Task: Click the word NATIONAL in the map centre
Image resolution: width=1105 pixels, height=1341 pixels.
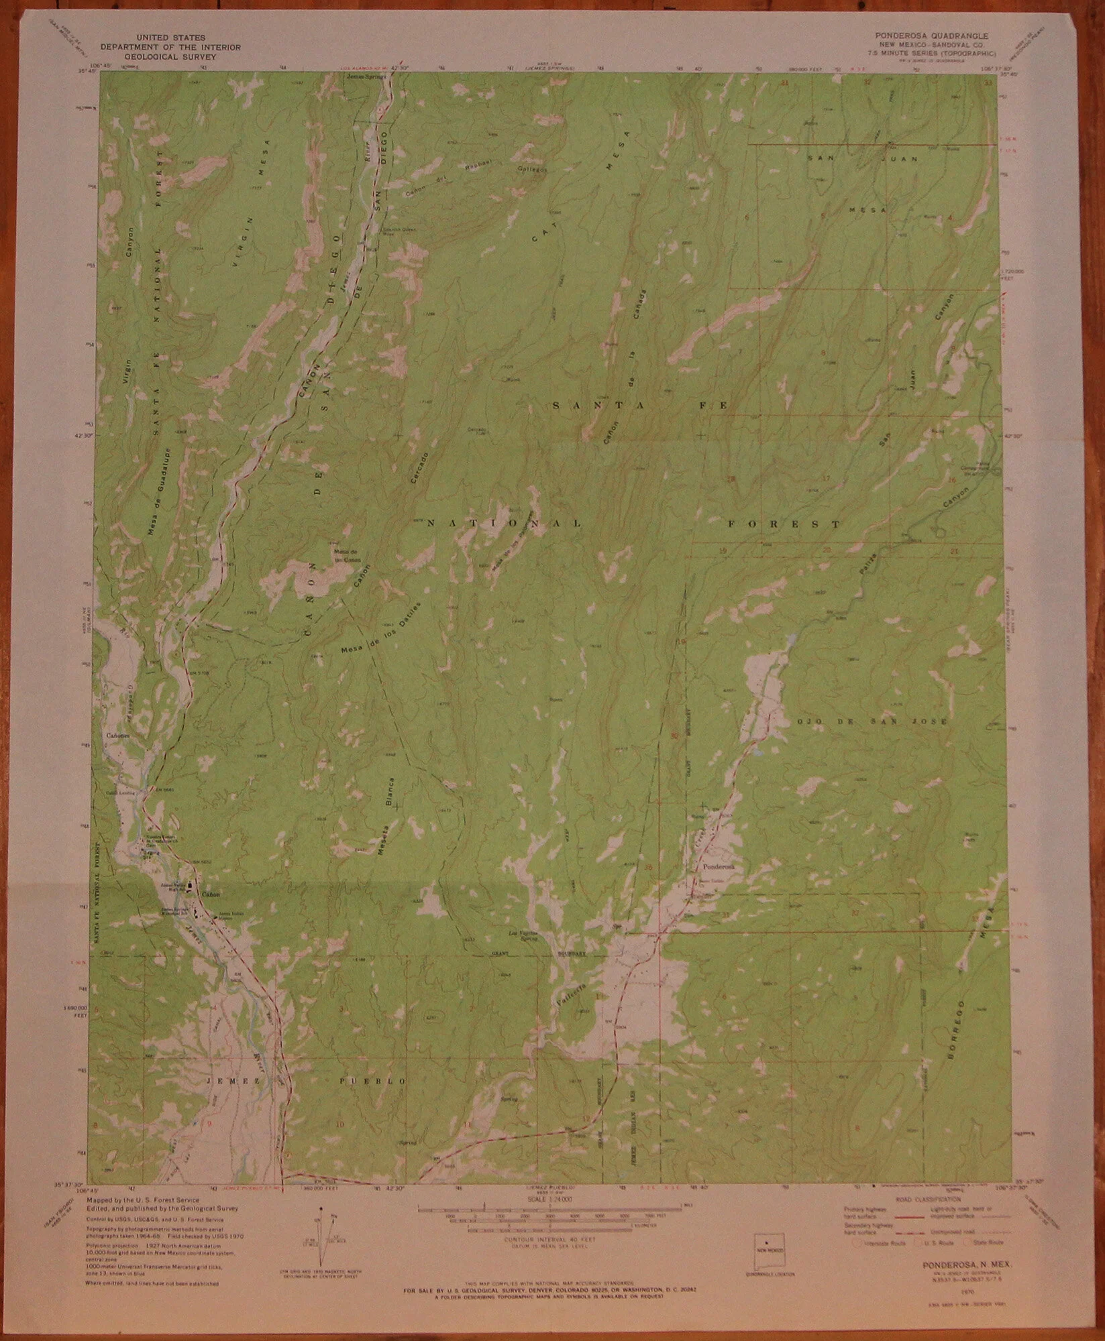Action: pyautogui.click(x=503, y=522)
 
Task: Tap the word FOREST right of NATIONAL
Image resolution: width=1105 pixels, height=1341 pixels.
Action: pyautogui.click(x=785, y=524)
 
